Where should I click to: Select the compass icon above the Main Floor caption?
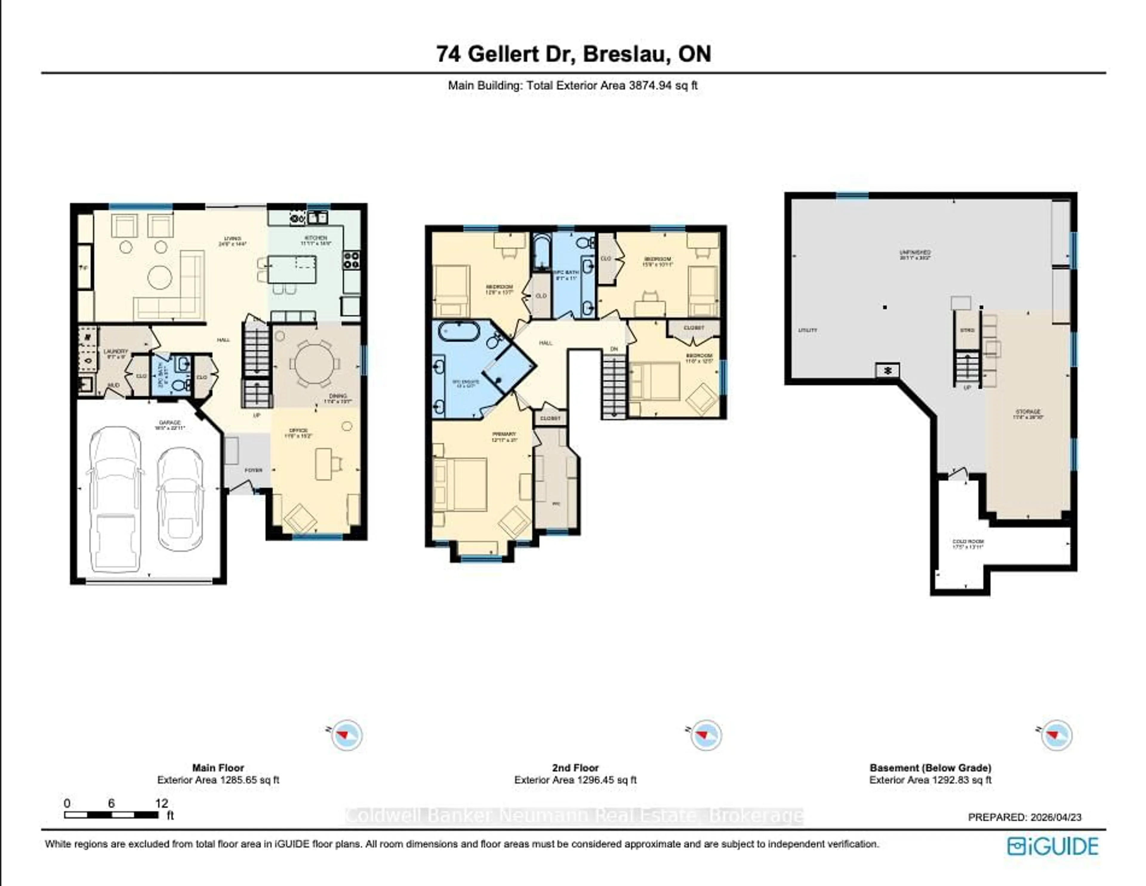pos(346,734)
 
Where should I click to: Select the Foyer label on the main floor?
pos(253,470)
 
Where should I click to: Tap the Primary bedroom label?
pos(504,434)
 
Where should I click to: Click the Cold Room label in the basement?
pos(968,541)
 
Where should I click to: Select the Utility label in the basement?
pos(808,330)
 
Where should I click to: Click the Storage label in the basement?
pos(1028,412)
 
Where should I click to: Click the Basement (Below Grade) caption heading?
pos(930,767)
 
